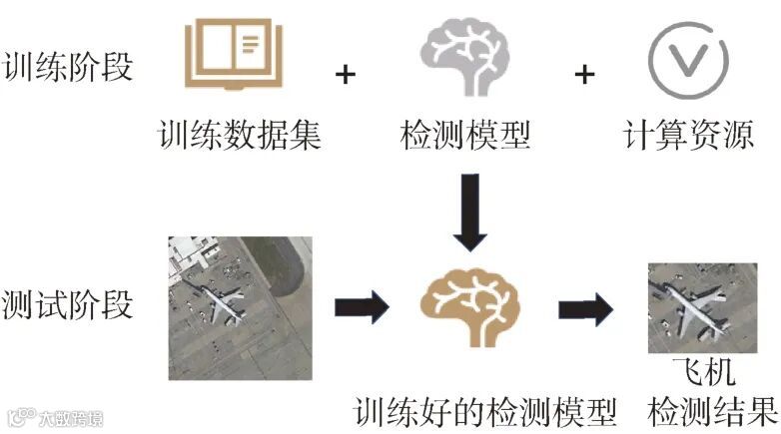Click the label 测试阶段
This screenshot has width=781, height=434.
point(68,304)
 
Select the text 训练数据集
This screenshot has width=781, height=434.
point(240,134)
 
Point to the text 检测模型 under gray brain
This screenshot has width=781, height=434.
point(464,134)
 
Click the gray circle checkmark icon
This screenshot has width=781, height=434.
point(684,57)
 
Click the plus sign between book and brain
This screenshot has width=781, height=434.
point(346,74)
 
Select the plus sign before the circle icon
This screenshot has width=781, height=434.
point(584,74)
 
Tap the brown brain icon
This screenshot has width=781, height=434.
point(466,309)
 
